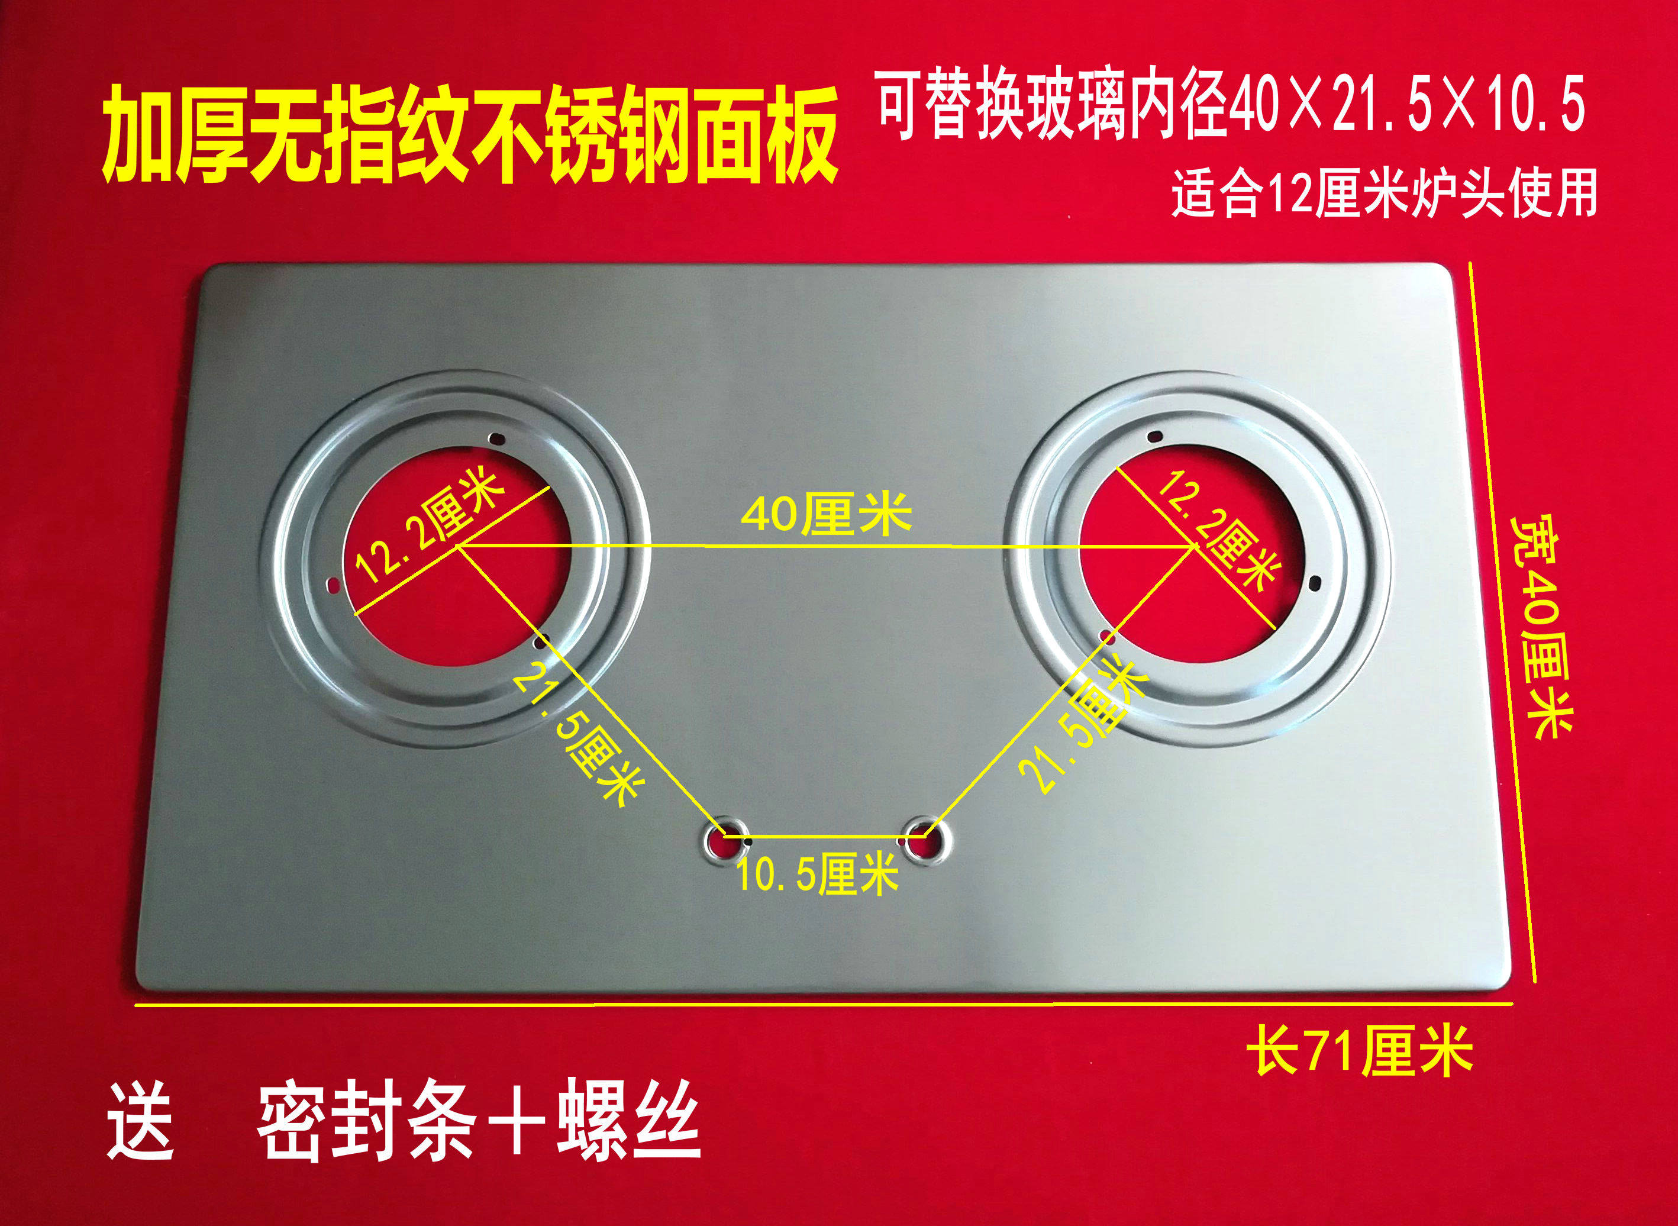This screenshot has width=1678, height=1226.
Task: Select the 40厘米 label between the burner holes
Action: click(x=826, y=514)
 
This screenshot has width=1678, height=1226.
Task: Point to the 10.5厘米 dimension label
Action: click(x=817, y=873)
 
